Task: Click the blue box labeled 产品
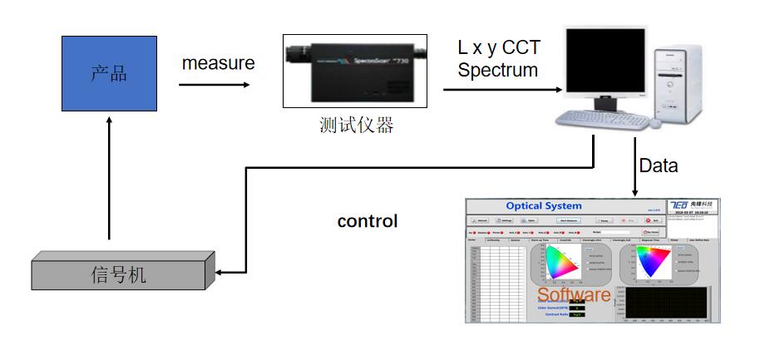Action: click(108, 74)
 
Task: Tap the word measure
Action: click(219, 63)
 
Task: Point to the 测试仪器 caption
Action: click(356, 126)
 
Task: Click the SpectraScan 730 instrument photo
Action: click(355, 71)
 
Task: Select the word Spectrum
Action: click(498, 70)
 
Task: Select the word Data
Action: click(658, 165)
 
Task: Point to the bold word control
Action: click(368, 221)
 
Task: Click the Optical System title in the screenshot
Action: click(544, 206)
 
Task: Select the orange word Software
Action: click(574, 295)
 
